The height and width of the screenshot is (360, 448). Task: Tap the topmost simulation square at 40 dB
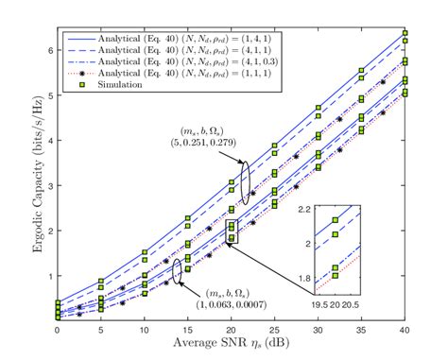[x=404, y=34]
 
